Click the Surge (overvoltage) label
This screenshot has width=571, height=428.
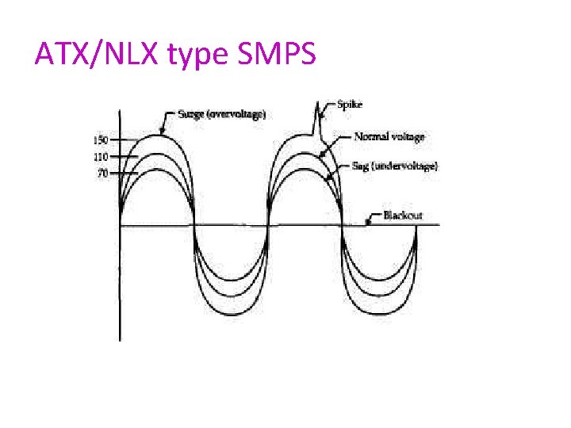click(x=221, y=114)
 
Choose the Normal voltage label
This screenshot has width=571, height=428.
click(x=389, y=136)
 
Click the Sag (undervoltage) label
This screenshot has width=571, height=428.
click(x=395, y=165)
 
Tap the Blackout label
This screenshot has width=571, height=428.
click(x=403, y=216)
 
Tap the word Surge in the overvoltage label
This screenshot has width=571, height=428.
click(x=191, y=114)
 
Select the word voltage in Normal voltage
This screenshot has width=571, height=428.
click(x=407, y=136)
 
